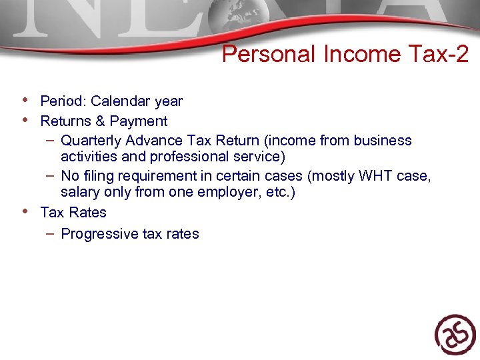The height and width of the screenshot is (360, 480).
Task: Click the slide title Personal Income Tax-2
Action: (345, 55)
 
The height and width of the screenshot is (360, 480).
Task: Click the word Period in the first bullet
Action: (63, 101)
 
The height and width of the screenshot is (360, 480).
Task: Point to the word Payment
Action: (139, 121)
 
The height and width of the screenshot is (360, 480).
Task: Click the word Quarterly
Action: (89, 141)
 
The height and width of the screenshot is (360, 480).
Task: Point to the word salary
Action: (79, 193)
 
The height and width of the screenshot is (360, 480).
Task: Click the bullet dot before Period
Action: (25, 101)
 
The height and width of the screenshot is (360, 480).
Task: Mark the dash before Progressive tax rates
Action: (51, 233)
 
